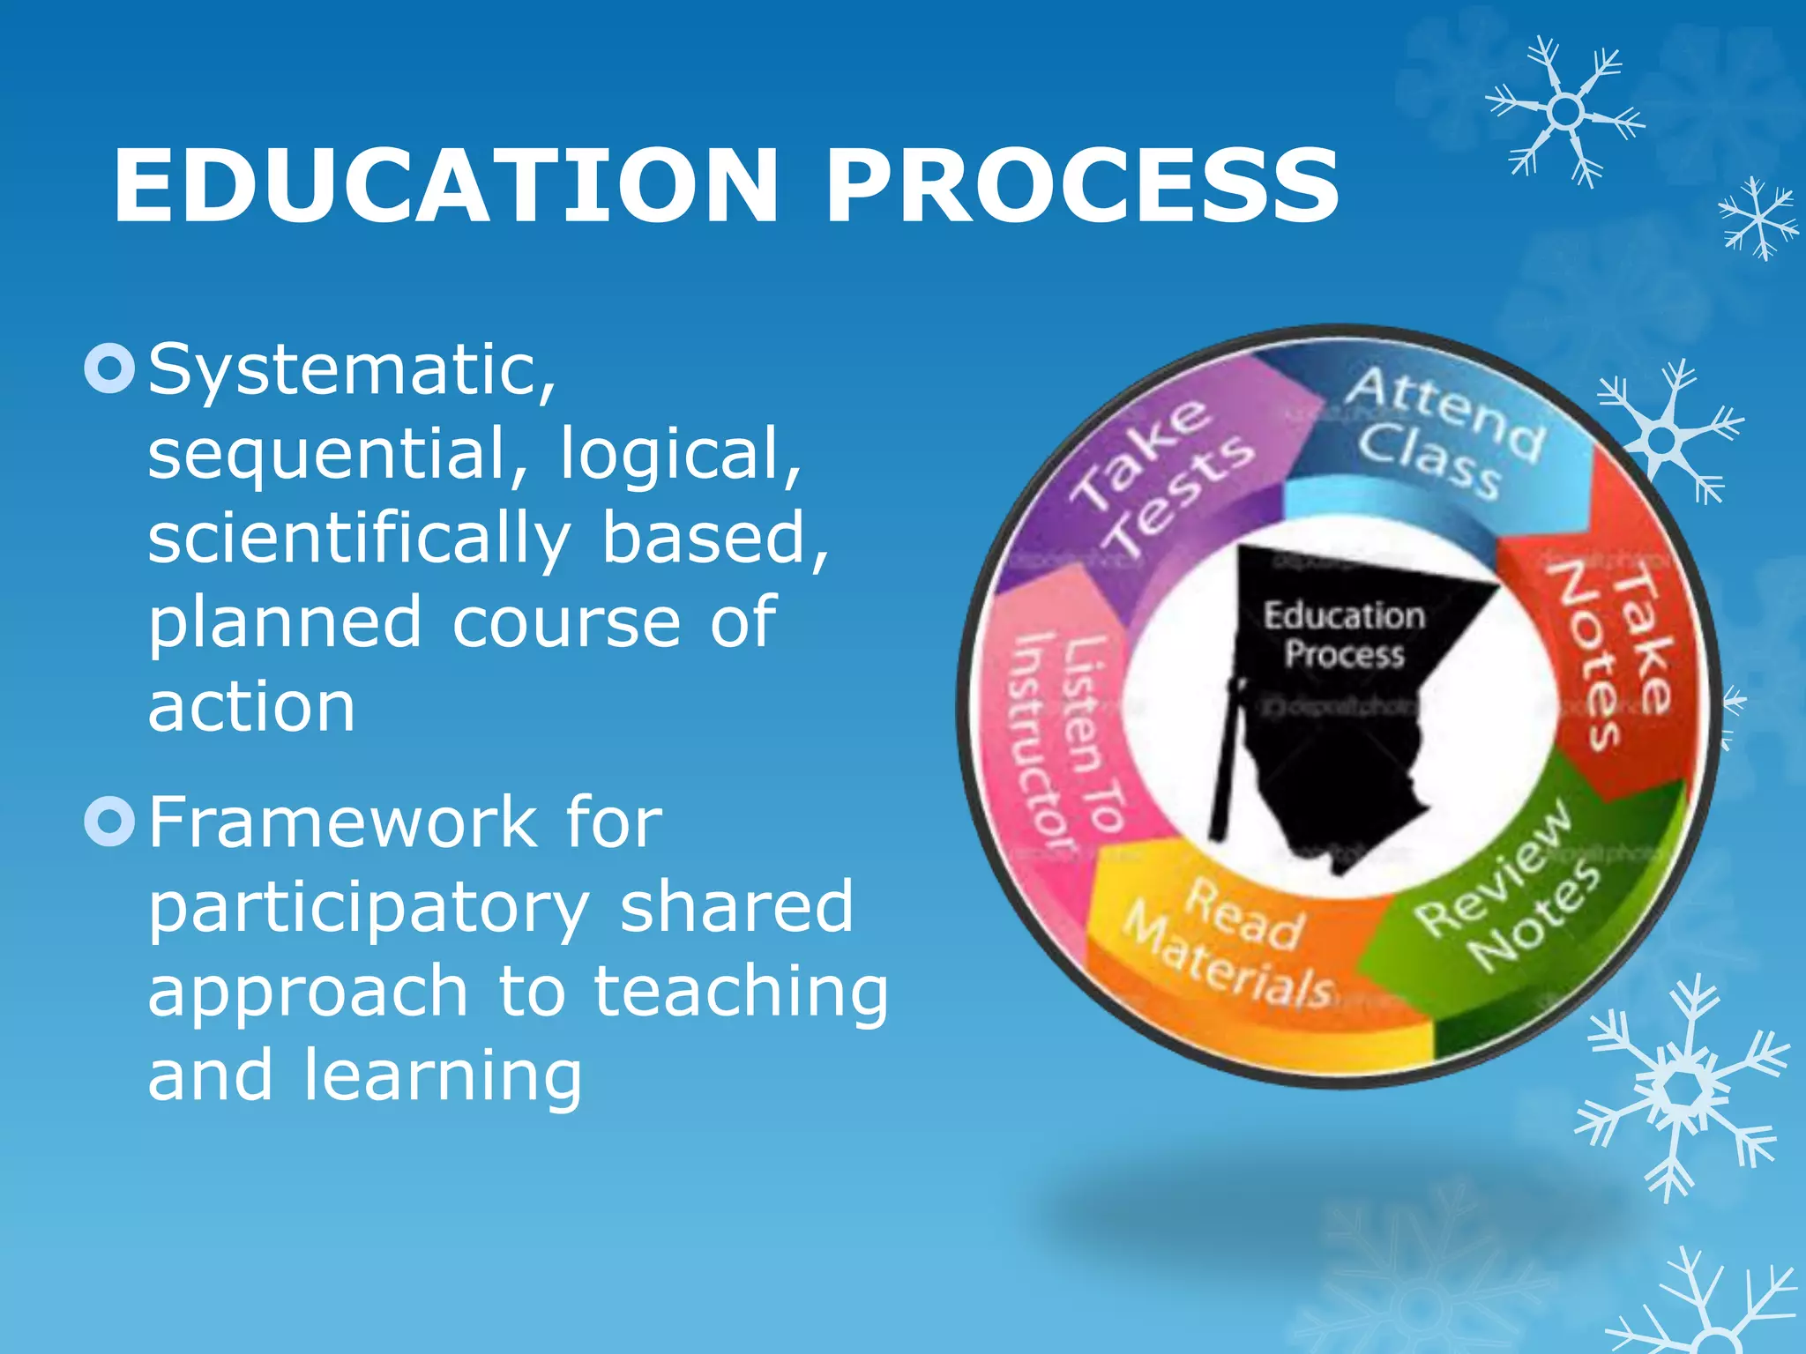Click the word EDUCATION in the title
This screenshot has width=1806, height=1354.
click(x=445, y=187)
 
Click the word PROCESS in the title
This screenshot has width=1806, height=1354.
click(x=1081, y=187)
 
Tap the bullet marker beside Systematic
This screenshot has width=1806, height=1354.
click(x=109, y=368)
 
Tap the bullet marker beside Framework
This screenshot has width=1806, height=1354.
click(x=109, y=821)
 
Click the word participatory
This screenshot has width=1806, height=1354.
click(x=369, y=908)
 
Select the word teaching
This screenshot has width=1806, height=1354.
click(x=741, y=992)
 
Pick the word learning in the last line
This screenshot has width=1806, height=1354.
click(x=443, y=1075)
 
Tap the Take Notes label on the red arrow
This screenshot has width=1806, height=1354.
click(x=1609, y=657)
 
